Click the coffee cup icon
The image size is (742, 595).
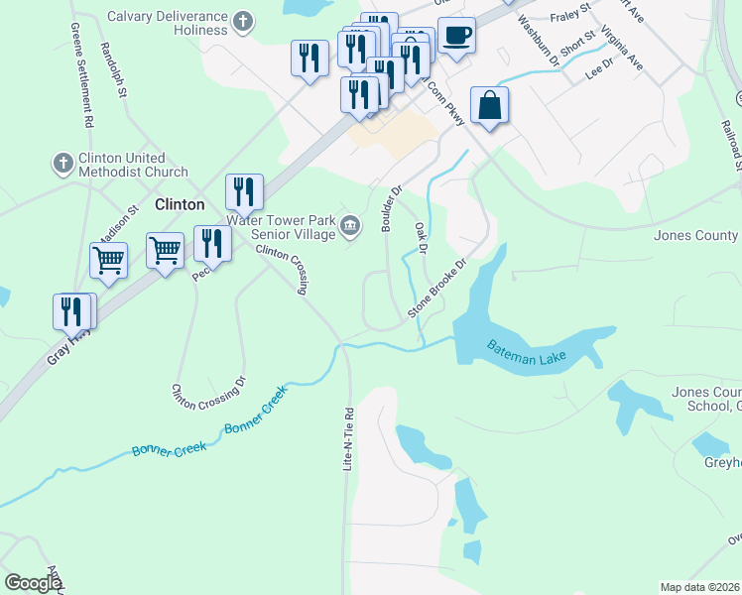[x=456, y=36]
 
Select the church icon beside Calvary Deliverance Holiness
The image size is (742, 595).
[x=244, y=18]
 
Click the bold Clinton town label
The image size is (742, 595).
[x=180, y=204]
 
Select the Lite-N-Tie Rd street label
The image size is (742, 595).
[x=348, y=436]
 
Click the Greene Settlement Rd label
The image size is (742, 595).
[x=84, y=84]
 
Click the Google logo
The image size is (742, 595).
[x=34, y=583]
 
